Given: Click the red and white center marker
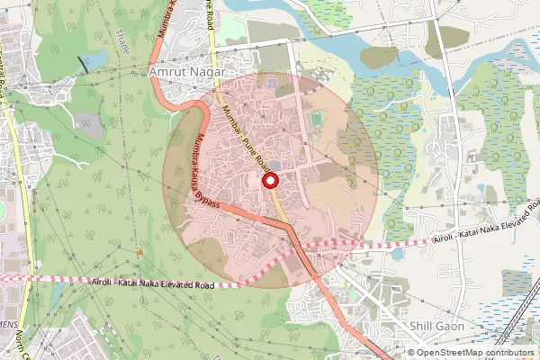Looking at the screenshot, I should point(269,181).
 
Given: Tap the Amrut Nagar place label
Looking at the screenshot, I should point(184,70).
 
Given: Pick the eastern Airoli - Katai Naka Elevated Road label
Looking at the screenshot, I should point(485,235).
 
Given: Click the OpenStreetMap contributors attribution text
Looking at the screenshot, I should point(474,353).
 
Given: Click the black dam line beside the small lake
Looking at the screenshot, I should point(84,62).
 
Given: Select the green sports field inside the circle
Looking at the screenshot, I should point(315,119).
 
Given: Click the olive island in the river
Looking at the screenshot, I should point(379,56).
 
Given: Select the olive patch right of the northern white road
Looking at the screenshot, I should point(455,37).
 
